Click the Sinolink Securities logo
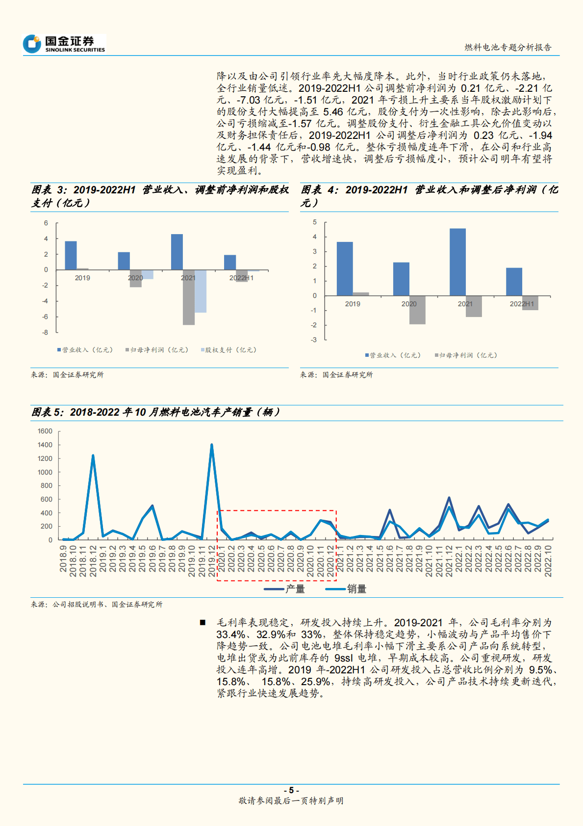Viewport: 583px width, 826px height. (x=64, y=44)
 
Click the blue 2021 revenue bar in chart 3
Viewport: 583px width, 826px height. (x=177, y=252)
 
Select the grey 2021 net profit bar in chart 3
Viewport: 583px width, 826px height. (x=188, y=297)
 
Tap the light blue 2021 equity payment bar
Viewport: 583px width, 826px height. (x=200, y=291)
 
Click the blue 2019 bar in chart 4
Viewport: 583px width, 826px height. (x=345, y=268)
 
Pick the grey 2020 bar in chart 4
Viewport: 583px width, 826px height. (x=417, y=310)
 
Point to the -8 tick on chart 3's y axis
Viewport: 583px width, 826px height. (x=46, y=332)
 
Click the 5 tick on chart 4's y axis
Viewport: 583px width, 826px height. (x=315, y=222)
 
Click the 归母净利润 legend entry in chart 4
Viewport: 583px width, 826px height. (x=467, y=355)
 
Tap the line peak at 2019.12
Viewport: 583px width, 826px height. (x=212, y=445)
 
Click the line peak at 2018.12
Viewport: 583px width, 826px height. (x=93, y=456)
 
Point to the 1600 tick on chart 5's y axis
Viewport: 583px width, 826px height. (x=45, y=431)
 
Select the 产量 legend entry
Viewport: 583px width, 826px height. (x=294, y=589)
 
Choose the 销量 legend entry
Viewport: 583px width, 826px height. (x=356, y=589)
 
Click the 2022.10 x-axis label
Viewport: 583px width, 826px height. (x=548, y=560)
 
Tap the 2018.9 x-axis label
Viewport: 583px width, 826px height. (x=63, y=559)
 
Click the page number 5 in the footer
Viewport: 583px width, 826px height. (x=291, y=790)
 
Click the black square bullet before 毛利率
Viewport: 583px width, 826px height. (x=203, y=623)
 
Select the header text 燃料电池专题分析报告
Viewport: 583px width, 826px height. (x=508, y=48)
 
